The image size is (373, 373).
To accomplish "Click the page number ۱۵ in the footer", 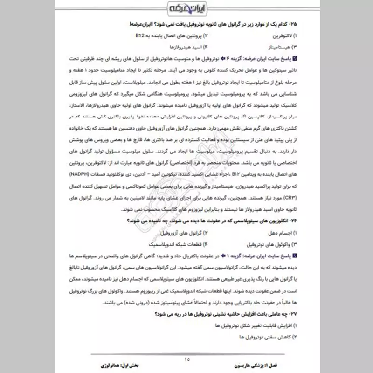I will tap(187, 359).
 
